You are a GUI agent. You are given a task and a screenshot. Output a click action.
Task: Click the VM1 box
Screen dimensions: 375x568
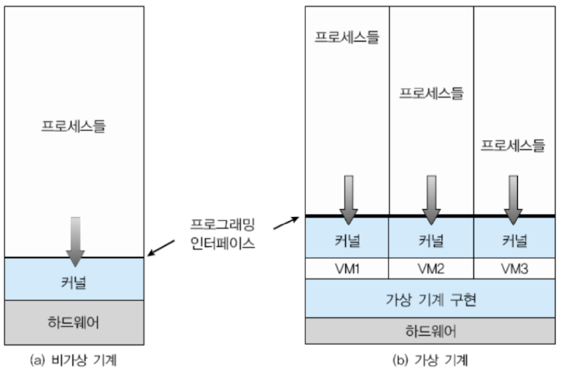[347, 268]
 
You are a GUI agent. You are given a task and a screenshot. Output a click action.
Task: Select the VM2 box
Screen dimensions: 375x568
[431, 268]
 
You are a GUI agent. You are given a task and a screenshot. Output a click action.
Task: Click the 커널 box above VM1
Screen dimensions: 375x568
[347, 238]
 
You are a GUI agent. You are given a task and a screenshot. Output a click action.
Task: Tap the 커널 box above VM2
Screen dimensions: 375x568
[431, 238]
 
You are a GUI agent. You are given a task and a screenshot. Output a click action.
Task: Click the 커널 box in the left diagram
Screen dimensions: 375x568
[74, 279]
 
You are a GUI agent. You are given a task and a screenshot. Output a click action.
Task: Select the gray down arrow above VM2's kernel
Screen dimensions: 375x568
[431, 197]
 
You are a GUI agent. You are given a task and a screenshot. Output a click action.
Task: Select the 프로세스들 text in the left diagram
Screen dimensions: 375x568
[74, 129]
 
